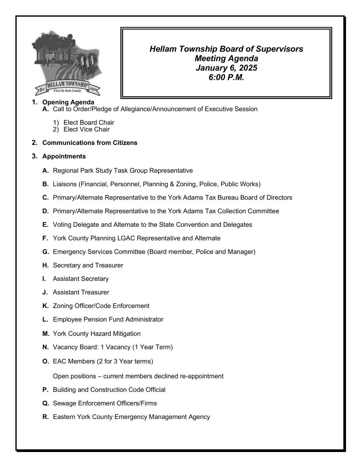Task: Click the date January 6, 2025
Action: tap(226, 68)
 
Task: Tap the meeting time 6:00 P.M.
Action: tap(226, 77)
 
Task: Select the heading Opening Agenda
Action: tap(68, 103)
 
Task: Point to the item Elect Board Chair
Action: tap(89, 123)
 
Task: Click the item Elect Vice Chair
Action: tap(86, 129)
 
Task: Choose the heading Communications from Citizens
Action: tap(90, 143)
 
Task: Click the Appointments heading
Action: tap(64, 156)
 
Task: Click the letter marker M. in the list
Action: tap(46, 334)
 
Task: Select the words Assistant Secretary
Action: tap(81, 279)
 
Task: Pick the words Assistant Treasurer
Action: tap(81, 292)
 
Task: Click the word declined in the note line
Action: tap(167, 376)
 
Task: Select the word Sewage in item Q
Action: tap(64, 403)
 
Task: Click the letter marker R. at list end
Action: tap(46, 417)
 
